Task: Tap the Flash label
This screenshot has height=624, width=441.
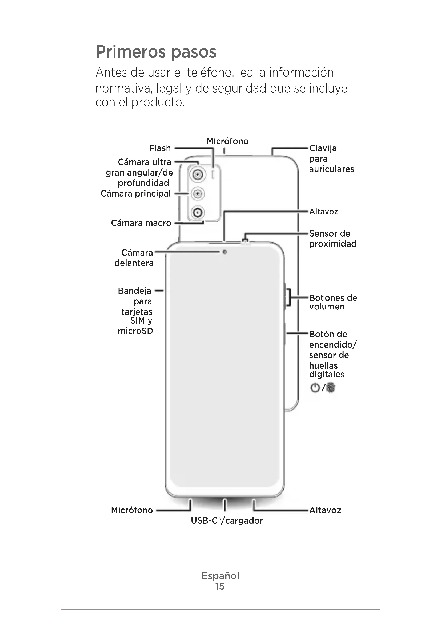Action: [160, 148]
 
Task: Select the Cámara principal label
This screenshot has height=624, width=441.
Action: [136, 193]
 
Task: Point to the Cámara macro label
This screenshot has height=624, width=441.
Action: [141, 223]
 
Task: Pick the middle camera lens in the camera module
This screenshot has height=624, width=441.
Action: [197, 194]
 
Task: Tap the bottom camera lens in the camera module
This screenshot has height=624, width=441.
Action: [197, 212]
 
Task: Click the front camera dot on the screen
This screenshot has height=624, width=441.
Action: [224, 252]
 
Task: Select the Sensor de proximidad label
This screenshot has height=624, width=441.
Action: [332, 239]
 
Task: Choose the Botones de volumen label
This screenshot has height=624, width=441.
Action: [333, 302]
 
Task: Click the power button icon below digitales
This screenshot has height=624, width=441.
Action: [315, 388]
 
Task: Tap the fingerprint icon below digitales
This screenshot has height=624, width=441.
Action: [331, 388]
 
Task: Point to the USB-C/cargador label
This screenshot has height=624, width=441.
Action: [227, 520]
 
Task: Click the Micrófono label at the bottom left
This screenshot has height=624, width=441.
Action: [132, 510]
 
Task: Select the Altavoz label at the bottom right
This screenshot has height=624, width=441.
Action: [325, 510]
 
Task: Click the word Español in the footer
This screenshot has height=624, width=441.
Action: [220, 576]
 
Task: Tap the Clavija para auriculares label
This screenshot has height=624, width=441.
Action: [331, 159]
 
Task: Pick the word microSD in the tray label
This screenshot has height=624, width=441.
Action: [135, 331]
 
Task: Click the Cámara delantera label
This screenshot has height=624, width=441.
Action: [134, 258]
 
